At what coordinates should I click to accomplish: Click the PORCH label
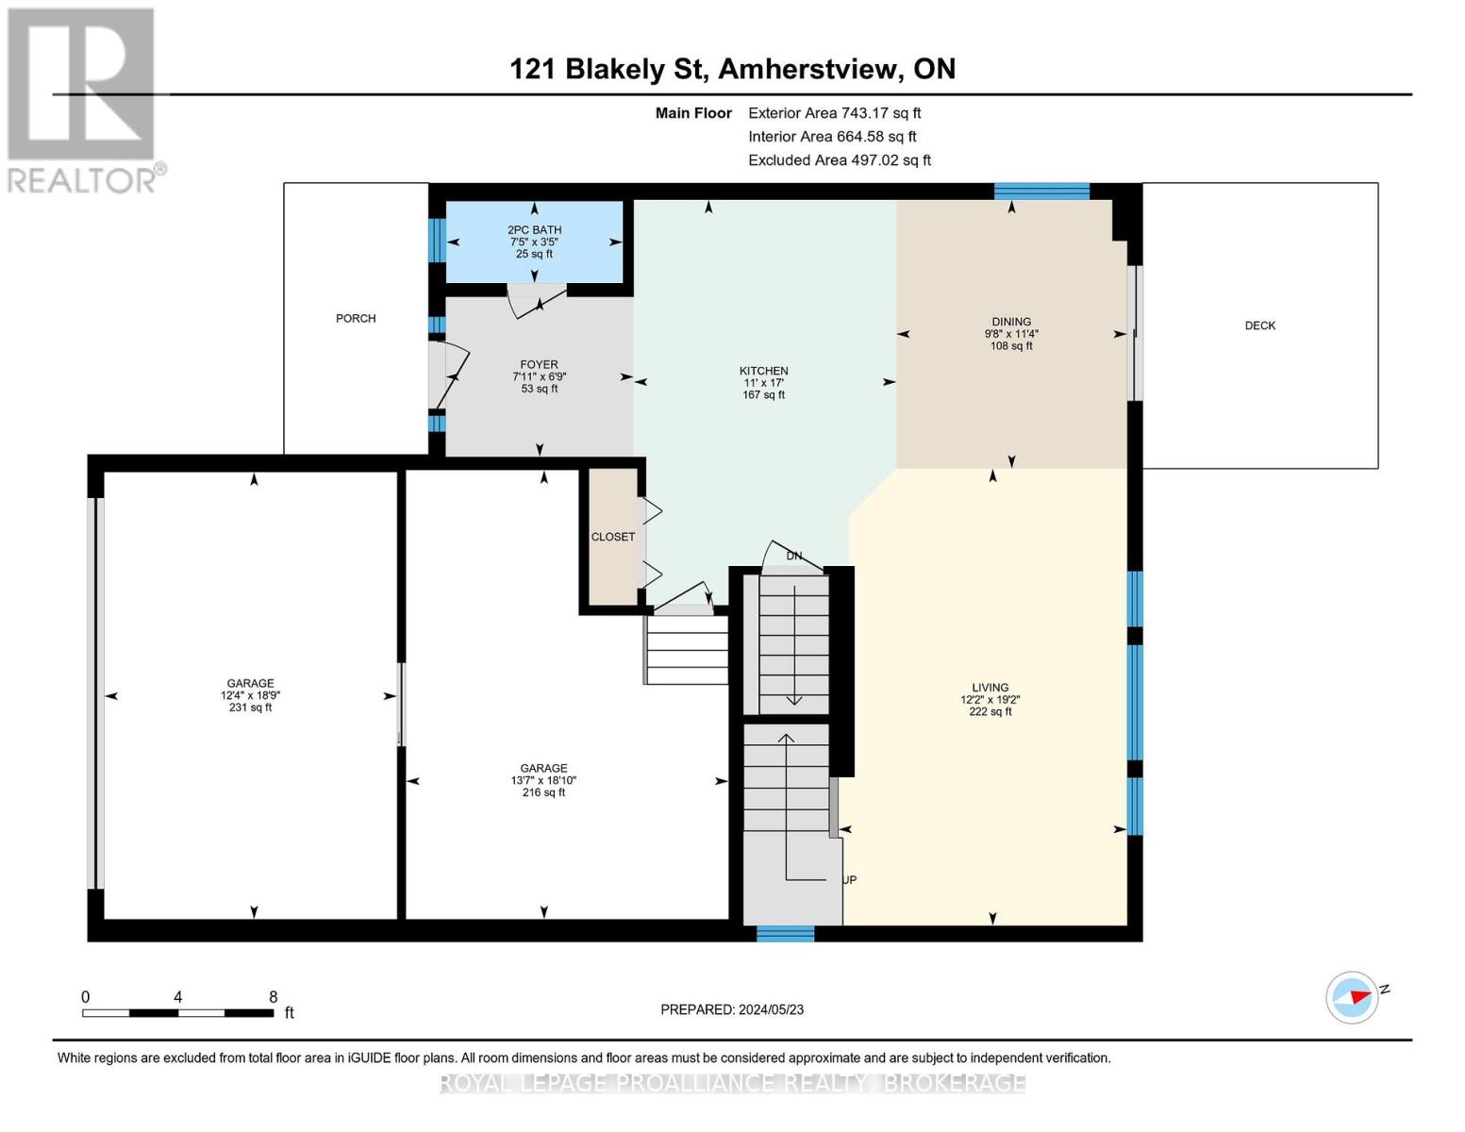[356, 319]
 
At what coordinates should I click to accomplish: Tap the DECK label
[1259, 325]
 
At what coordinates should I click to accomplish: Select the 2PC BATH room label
[534, 230]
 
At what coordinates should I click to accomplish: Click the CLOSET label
[613, 537]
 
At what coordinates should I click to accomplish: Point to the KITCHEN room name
[763, 371]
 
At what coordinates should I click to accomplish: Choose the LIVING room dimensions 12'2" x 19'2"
[990, 700]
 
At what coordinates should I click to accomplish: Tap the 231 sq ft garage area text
[250, 707]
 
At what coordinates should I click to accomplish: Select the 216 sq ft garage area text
[543, 792]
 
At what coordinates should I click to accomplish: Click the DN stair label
[794, 556]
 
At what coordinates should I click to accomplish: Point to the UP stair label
[849, 880]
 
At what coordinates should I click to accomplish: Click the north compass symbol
[1353, 997]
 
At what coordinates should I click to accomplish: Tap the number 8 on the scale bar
[274, 997]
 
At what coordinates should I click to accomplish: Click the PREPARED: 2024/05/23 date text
[732, 1009]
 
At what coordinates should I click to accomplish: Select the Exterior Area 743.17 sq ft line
[834, 113]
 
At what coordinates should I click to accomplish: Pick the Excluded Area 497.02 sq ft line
[839, 160]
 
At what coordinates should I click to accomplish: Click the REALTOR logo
[83, 99]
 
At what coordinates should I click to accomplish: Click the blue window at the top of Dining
[1041, 191]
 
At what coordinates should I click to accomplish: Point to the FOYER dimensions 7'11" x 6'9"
[539, 376]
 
